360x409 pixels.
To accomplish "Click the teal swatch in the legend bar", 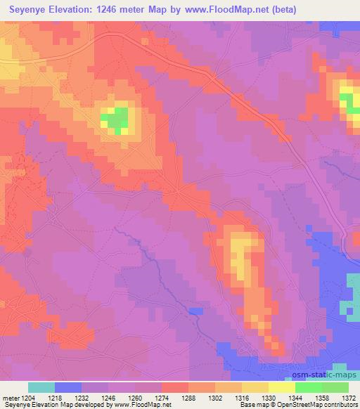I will tap(41, 387).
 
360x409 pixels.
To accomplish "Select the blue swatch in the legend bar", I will tap(68, 387).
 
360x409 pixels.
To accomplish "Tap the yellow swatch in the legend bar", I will tap(281, 387).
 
